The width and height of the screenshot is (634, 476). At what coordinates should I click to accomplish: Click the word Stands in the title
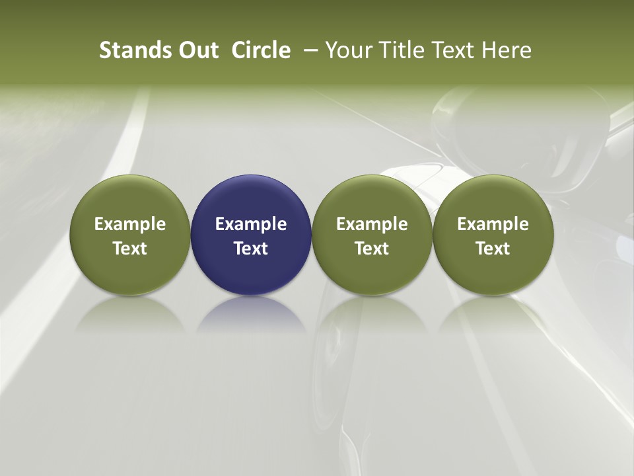(131, 50)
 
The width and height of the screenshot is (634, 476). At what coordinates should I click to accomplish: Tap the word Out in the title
(197, 50)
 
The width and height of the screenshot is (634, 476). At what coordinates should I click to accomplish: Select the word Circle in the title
(261, 50)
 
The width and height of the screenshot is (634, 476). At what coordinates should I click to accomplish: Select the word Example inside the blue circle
(251, 224)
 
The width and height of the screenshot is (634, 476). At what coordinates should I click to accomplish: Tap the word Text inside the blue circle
(251, 249)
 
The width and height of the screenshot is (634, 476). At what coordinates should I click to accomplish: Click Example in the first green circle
(130, 224)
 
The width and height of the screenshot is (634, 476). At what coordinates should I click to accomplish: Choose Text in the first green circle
(130, 249)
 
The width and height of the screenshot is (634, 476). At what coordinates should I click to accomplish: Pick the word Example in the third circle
(372, 224)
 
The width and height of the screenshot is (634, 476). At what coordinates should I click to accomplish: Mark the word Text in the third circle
(372, 249)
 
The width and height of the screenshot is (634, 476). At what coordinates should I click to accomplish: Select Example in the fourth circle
(493, 224)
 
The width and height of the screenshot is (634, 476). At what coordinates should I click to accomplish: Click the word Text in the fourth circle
(493, 249)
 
